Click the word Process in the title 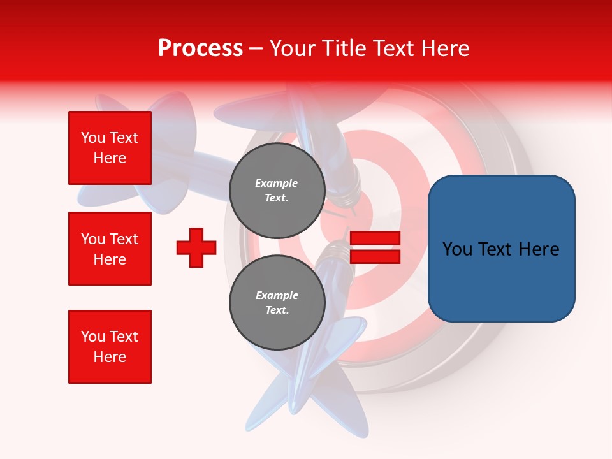[x=200, y=48]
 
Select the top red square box [x=110, y=148]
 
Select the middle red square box [x=110, y=249]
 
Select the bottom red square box [x=110, y=347]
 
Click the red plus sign [x=196, y=247]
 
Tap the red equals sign [x=375, y=247]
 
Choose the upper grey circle [x=277, y=190]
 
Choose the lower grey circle [x=277, y=302]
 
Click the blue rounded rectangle [x=501, y=249]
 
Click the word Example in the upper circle [x=277, y=183]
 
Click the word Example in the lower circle [x=277, y=295]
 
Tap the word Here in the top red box [x=110, y=158]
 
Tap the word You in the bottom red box [x=93, y=337]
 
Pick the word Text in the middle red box [x=123, y=239]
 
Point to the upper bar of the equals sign [x=375, y=238]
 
